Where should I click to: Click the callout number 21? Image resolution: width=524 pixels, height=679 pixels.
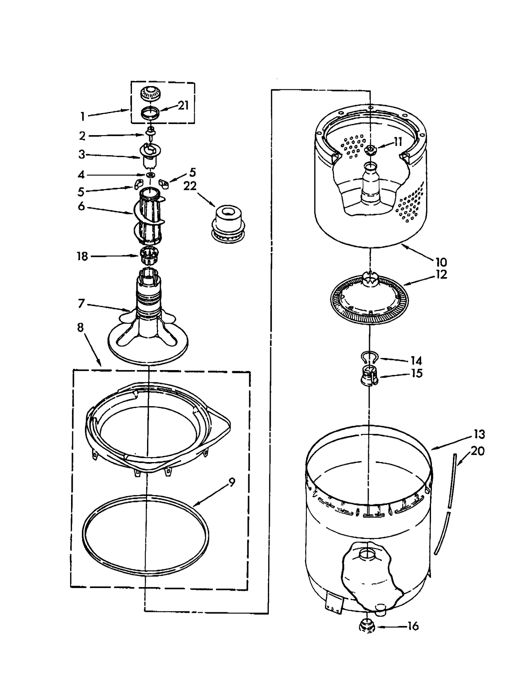tap(183, 106)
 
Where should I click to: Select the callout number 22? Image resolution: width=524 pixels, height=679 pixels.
tap(190, 186)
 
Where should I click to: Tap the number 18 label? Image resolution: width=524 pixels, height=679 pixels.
tap(83, 257)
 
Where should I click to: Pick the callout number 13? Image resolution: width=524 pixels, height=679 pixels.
tap(479, 435)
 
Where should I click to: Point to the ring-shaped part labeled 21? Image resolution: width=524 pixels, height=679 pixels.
tap(150, 114)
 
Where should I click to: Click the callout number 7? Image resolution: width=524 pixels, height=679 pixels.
tap(82, 304)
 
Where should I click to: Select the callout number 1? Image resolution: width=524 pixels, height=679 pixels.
tap(83, 116)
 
